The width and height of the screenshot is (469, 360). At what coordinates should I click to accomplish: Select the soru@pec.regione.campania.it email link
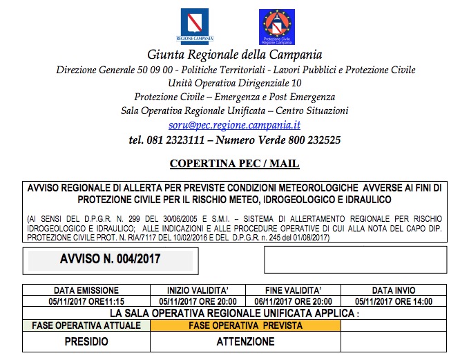click(x=234, y=125)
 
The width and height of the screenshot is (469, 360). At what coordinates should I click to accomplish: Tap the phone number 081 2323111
click(x=176, y=140)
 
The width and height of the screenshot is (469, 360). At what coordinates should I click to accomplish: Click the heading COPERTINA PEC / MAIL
click(x=234, y=164)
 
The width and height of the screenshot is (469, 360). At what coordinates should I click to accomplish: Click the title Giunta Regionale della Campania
click(x=234, y=55)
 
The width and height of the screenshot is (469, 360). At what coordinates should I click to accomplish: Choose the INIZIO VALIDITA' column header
click(x=198, y=290)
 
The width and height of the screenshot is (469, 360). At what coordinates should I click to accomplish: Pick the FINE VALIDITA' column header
click(x=294, y=290)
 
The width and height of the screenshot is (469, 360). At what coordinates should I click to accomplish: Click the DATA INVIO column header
click(x=393, y=290)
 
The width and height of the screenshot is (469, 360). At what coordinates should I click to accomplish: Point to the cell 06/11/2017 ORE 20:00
click(x=294, y=301)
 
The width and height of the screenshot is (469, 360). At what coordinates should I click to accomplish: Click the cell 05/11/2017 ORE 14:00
click(x=393, y=301)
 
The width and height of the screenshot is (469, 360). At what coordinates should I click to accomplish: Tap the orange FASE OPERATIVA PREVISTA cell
click(x=245, y=325)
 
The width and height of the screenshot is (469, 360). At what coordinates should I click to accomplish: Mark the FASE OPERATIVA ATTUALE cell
click(x=86, y=325)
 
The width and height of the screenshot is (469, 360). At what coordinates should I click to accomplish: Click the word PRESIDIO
click(x=86, y=341)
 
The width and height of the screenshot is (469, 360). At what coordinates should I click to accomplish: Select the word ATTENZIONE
click(x=245, y=341)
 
